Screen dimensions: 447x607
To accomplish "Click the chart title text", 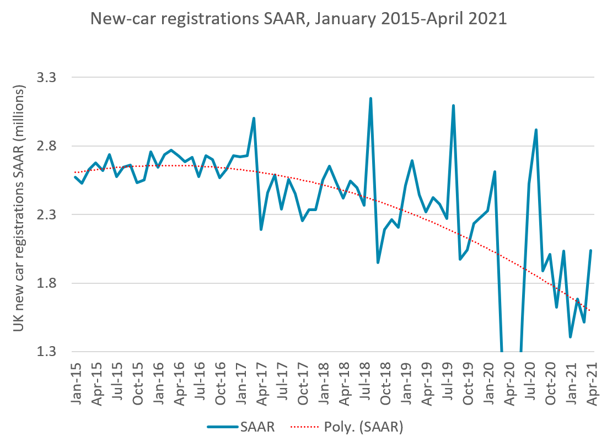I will click(x=298, y=19).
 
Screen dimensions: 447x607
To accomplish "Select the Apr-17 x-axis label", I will click(x=262, y=380).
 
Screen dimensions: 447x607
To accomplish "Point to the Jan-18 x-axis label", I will click(x=324, y=380).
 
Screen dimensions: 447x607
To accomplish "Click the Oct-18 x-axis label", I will click(x=386, y=380).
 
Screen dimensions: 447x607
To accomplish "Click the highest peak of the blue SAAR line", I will click(x=370, y=98).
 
